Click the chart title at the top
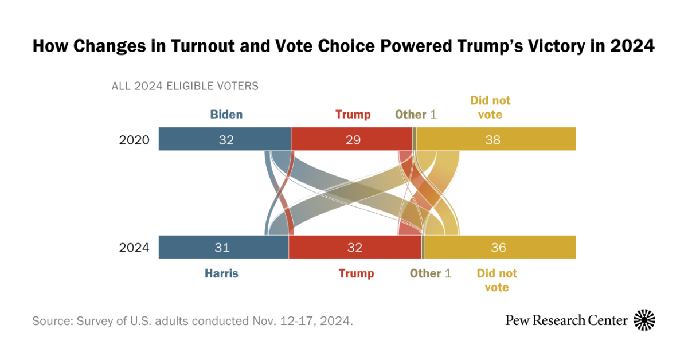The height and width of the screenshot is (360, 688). pos(343,46)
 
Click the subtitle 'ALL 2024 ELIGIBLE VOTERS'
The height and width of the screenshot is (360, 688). pos(185,87)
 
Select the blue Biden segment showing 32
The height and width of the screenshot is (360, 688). pos(225,139)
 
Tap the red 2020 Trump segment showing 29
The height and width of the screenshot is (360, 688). pos(351,139)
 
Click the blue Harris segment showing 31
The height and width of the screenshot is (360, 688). pos(223,247)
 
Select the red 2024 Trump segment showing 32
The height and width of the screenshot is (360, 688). pos(354,247)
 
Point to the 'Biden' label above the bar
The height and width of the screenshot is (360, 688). pos(226,115)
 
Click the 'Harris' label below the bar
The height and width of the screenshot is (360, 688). pos(221,273)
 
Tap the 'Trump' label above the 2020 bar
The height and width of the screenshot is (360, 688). pos(353,115)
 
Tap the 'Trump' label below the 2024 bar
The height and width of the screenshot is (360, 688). pos(356,273)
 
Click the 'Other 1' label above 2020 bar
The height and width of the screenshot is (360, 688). pos(416,115)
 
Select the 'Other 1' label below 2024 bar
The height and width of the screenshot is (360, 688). pos(430,273)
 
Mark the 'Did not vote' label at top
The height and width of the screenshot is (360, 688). pos(490,108)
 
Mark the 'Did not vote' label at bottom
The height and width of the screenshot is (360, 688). pos(497,280)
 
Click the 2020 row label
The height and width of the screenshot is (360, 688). pos(134,140)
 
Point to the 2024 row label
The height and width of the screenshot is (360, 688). pos(134,248)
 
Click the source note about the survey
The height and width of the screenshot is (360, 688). pos(192,320)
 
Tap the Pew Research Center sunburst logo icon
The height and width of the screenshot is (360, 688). pos(644,320)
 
